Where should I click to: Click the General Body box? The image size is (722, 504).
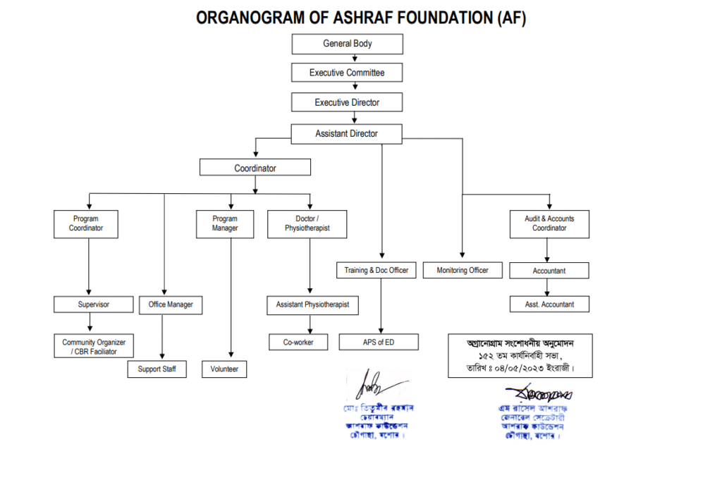tap(348, 44)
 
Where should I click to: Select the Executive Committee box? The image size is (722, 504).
tap(348, 73)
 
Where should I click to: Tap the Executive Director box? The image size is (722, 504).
tap(348, 102)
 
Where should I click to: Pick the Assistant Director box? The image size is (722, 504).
tap(347, 133)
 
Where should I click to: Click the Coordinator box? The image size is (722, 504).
tap(255, 168)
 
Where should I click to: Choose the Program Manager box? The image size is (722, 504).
tap(225, 223)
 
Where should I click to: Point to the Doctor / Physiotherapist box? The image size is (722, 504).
tap(307, 223)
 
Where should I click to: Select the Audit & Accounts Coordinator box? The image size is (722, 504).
tap(549, 223)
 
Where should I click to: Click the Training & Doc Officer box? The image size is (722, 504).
tap(377, 270)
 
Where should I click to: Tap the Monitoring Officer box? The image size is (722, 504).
tap(463, 270)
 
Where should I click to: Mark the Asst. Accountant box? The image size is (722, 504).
tap(549, 305)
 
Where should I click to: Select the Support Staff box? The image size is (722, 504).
tap(157, 369)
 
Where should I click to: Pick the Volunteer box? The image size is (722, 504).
tap(225, 369)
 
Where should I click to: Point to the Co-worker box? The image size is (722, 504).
tap(299, 342)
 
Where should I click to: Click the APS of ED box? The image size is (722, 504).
tap(379, 342)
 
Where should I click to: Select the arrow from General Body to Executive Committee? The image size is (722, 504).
tap(348, 59)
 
